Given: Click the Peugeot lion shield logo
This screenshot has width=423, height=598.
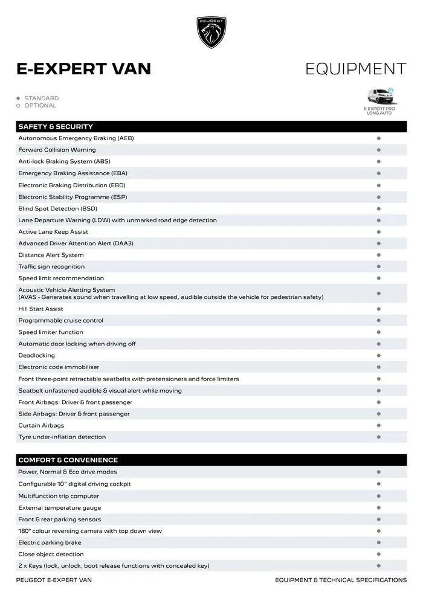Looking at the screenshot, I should pos(211,32).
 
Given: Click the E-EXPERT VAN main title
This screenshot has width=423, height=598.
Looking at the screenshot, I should pos(83,69).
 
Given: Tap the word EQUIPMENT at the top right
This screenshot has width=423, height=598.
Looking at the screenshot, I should pos(355,69).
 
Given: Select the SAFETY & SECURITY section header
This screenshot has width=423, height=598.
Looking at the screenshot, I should pos(56,127).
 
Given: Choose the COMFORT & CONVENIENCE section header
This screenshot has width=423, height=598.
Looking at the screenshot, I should pos(68,460).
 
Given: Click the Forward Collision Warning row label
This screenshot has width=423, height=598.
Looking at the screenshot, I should pos(57,150).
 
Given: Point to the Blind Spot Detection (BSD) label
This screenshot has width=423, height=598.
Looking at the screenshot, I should pos(57,208).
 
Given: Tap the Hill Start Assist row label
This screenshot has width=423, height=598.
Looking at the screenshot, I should pos(40,309).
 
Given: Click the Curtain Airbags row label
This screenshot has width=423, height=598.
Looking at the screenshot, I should pos(41,425).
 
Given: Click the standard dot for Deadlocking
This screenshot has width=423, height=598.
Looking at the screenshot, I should pos(378,356).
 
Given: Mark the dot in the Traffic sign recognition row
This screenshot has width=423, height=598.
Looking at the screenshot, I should pos(378,266).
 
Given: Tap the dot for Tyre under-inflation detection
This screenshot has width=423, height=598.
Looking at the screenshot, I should pos(378,437).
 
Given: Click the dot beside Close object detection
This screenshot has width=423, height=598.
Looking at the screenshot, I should pos(378,554).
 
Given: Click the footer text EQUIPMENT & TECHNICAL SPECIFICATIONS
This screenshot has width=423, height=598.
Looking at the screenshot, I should pos(341,580).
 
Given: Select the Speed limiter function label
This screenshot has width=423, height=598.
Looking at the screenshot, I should pos(51,332).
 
